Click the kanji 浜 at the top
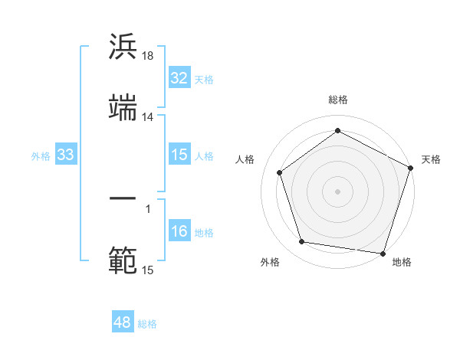[123, 47]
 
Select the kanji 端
[123, 108]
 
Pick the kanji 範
[123, 260]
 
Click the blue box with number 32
[179, 78]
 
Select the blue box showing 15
[179, 155]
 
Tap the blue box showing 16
[179, 232]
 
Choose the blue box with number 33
[66, 155]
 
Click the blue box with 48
[123, 322]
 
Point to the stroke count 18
[148, 56]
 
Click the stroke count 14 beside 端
[148, 117]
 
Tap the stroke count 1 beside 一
[148, 208]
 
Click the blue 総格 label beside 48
[148, 324]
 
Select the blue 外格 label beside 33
[41, 156]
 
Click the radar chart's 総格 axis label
[338, 100]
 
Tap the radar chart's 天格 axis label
[431, 159]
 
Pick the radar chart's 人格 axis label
[245, 159]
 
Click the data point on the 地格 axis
[383, 252]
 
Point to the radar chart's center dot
[338, 191]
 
